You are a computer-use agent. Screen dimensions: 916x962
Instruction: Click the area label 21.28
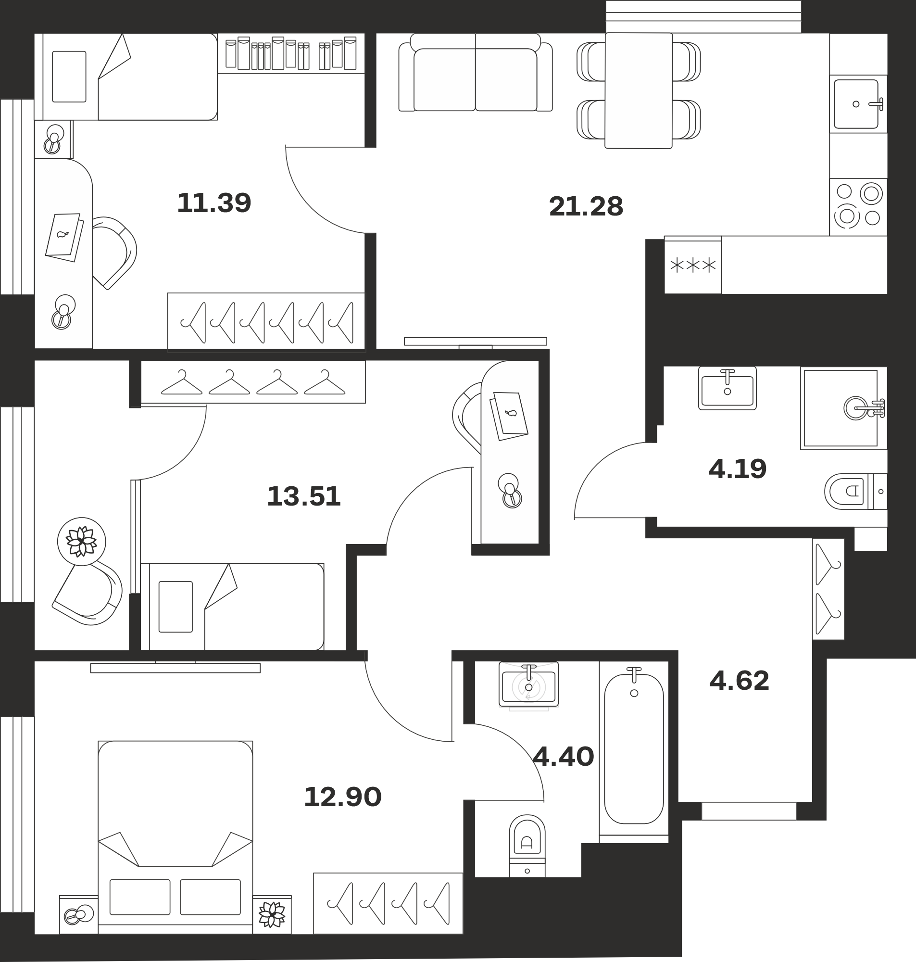click(x=586, y=206)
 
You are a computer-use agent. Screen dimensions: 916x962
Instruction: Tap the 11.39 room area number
click(x=214, y=203)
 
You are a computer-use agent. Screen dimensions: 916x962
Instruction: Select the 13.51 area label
click(x=304, y=496)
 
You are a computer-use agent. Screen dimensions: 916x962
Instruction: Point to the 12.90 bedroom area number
click(x=342, y=797)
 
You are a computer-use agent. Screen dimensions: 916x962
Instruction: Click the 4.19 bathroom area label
click(x=737, y=469)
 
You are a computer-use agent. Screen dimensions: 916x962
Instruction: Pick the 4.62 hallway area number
click(x=739, y=681)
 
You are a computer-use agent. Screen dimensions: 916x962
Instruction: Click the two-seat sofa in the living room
click(x=476, y=72)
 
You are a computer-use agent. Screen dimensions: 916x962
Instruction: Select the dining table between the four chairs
click(x=639, y=90)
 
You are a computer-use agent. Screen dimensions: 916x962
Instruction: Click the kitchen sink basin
click(x=856, y=104)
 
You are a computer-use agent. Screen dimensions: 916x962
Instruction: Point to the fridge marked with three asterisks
click(x=693, y=265)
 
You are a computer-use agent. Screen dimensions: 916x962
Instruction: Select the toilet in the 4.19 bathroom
click(x=855, y=491)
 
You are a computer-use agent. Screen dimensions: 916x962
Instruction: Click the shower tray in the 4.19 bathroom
click(x=844, y=408)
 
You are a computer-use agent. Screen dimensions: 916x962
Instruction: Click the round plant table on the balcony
click(x=82, y=541)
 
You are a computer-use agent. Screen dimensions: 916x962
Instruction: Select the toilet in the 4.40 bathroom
click(x=527, y=845)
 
